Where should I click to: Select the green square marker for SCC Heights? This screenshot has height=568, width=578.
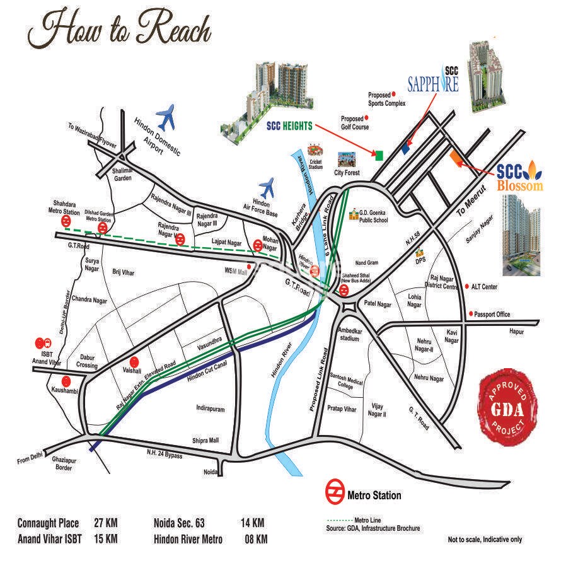click(x=379, y=154)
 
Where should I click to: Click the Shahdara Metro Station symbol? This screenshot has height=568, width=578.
click(x=66, y=223)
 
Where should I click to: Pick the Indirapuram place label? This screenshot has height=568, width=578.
click(x=210, y=409)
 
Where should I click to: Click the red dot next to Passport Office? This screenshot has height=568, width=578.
click(x=470, y=314)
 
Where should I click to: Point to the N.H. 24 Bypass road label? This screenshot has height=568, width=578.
click(x=165, y=454)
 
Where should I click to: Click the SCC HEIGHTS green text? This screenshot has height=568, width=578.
click(x=289, y=125)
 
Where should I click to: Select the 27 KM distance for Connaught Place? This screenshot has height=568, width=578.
click(x=106, y=523)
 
